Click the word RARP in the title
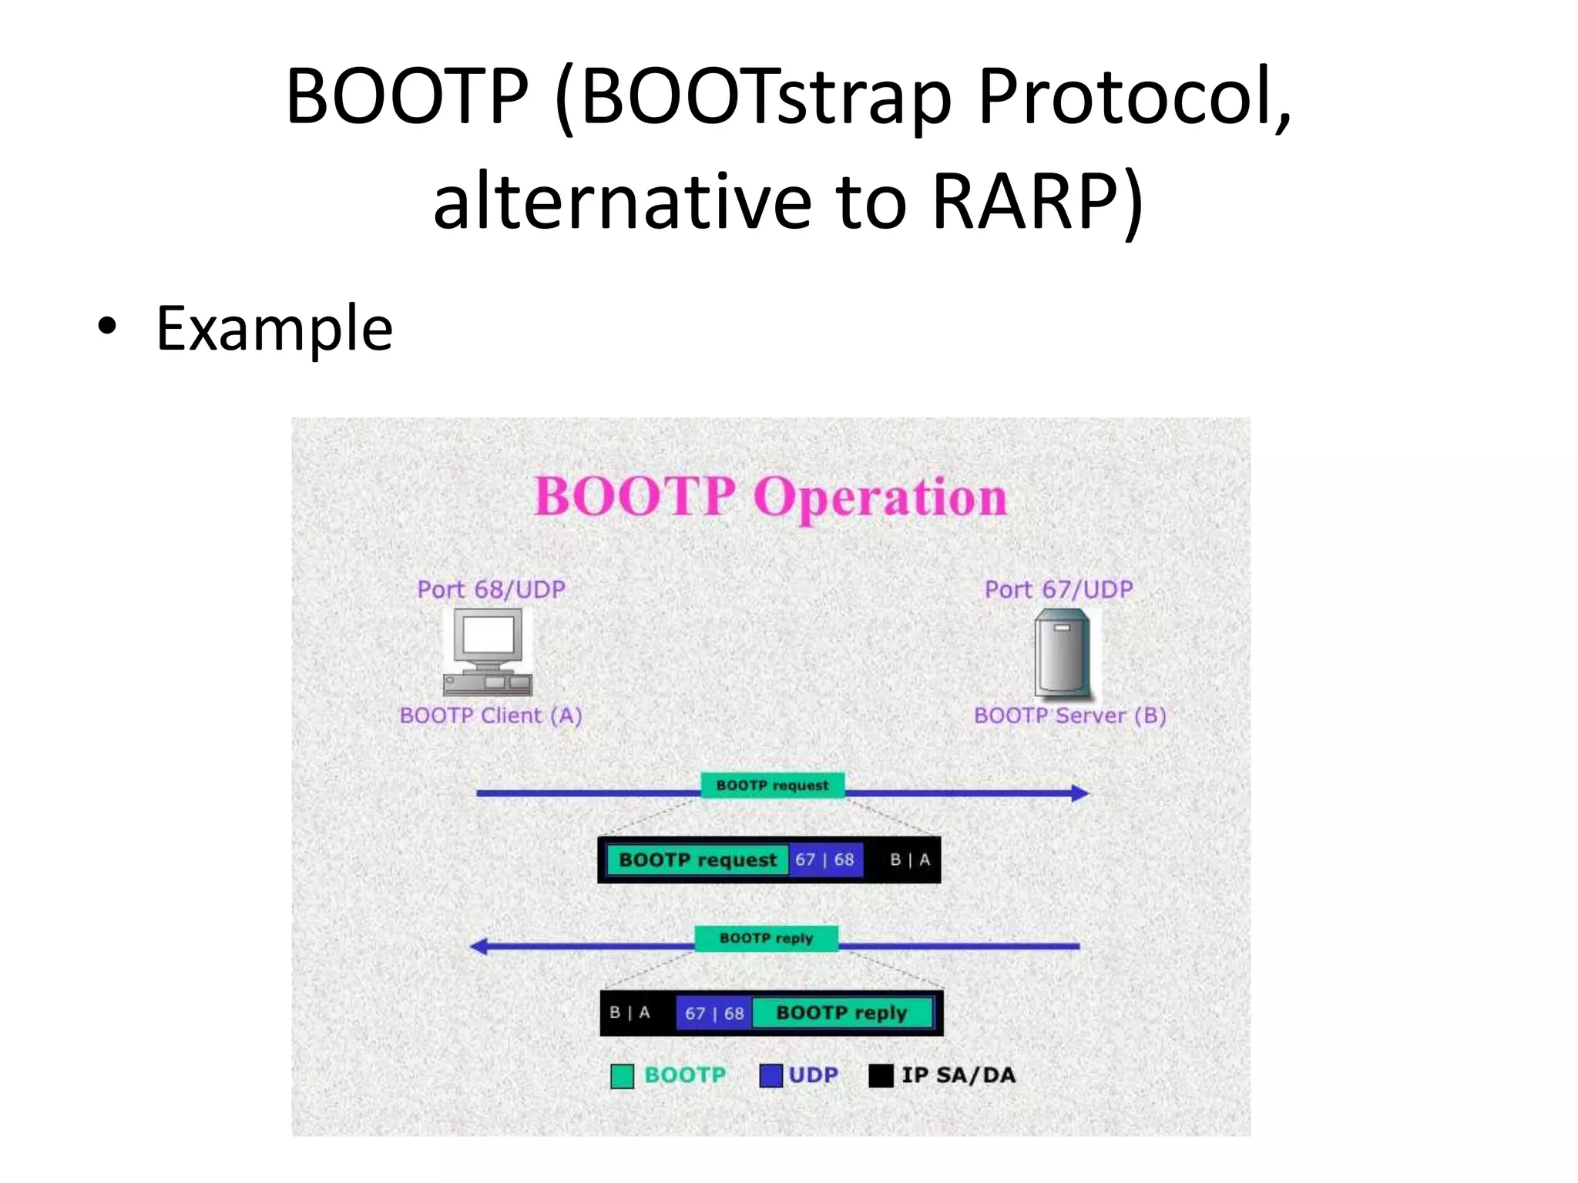(1025, 202)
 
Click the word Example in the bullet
(274, 330)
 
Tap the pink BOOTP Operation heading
(771, 497)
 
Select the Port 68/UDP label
(491, 590)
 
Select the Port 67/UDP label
(1059, 590)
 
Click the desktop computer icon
(488, 652)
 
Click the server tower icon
(1063, 652)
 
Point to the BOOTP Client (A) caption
(491, 715)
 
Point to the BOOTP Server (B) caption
(1069, 715)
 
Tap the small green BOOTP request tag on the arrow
(772, 786)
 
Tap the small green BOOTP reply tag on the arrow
(766, 938)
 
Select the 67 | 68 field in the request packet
(824, 860)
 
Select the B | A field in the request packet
(909, 860)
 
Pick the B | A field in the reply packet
(630, 1012)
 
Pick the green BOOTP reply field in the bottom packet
(841, 1012)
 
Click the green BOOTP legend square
(622, 1076)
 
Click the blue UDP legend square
(771, 1076)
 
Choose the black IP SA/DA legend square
(881, 1076)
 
